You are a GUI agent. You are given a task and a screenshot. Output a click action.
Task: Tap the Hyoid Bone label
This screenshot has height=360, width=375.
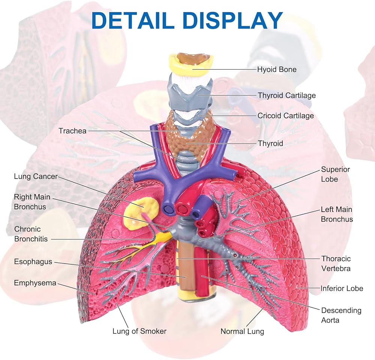276,69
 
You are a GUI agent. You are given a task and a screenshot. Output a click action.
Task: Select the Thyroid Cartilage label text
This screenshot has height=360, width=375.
286,96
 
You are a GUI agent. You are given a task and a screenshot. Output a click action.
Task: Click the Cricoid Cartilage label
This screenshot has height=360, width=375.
285,116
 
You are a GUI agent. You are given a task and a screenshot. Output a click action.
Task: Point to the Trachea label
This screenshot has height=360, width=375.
72,131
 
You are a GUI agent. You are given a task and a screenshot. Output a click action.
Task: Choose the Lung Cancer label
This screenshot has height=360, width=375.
36,176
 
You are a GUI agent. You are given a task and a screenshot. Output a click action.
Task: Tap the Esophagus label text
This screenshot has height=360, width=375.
33,261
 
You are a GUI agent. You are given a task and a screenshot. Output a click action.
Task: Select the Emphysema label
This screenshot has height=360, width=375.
35,283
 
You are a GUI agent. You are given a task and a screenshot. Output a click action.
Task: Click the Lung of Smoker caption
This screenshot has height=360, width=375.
139,331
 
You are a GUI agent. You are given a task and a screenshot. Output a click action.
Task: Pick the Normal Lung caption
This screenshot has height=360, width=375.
242,331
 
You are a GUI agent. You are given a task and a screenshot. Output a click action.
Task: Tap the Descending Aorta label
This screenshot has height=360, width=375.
341,315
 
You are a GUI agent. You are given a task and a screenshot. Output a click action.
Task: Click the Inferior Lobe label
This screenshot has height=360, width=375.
342,288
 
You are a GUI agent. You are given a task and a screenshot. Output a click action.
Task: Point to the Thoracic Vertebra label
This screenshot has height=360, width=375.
336,263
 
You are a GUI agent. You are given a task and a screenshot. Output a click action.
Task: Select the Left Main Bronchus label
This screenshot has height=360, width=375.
336,214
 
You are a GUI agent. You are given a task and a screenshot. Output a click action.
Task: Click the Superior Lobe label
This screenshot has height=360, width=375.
335,174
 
